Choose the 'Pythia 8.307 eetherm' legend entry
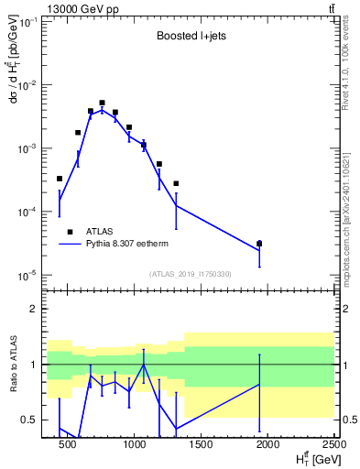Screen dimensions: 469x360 pyautogui.click(x=119, y=245)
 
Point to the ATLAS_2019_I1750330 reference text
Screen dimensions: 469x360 pyautogui.click(x=191, y=274)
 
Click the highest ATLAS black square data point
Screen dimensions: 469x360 pyautogui.click(x=103, y=104)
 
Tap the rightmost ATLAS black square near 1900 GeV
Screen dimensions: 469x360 pyautogui.click(x=259, y=244)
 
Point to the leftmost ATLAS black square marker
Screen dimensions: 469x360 pyautogui.click(x=60, y=179)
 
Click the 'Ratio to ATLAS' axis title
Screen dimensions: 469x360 pyautogui.click(x=22, y=365)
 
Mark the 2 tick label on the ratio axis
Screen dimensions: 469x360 pyautogui.click(x=33, y=310)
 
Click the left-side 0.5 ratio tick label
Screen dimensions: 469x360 pyautogui.click(x=28, y=420)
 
